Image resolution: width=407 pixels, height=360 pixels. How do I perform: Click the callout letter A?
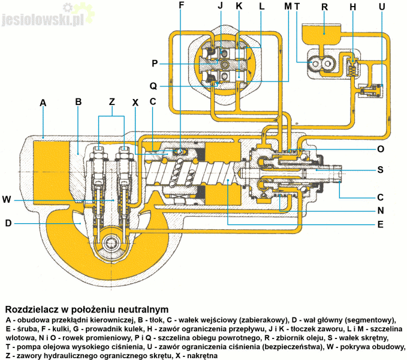tap(43, 103)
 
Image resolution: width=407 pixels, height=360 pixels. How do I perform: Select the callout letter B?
tap(78, 102)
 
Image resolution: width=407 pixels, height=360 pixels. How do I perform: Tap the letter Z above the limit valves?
tap(111, 102)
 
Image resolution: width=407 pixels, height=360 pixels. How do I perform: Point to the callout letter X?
tap(135, 102)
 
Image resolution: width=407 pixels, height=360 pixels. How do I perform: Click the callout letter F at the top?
tap(182, 7)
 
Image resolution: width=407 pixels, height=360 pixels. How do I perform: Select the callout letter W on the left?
tap(7, 199)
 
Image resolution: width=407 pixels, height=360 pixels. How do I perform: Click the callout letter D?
tap(7, 223)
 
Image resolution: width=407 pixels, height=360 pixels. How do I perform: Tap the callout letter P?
tap(154, 63)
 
